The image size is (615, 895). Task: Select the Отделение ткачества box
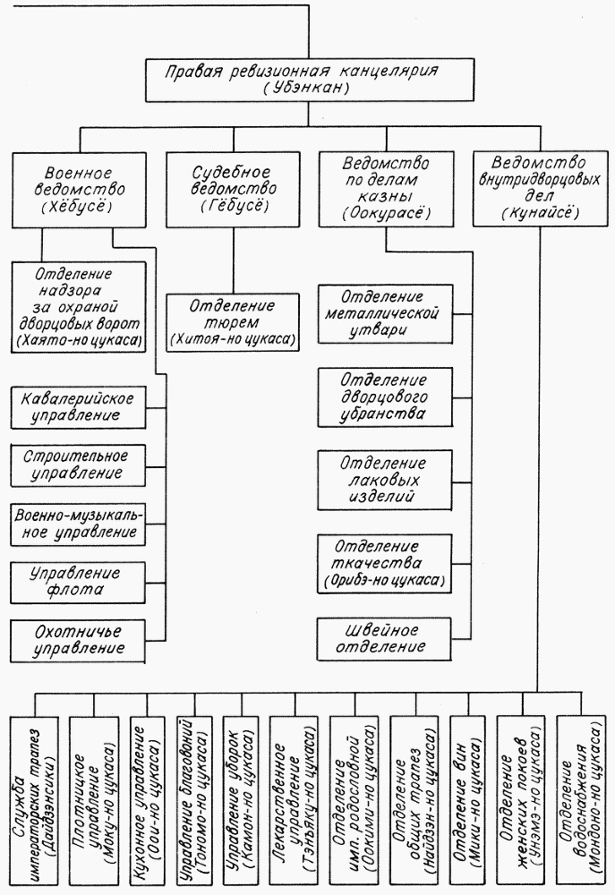385,563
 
